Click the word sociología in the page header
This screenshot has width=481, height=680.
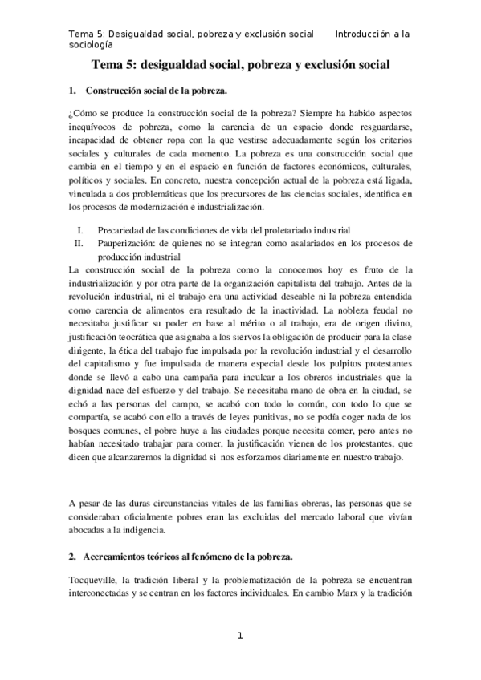coord(95,46)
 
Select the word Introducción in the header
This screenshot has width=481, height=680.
coord(365,34)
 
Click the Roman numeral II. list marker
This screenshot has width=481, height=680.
coord(79,242)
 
